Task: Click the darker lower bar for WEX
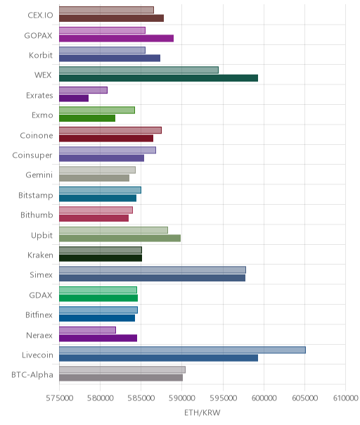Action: click(158, 78)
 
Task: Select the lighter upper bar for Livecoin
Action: click(182, 350)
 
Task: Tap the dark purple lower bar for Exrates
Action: click(74, 98)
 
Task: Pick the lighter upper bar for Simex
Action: click(153, 269)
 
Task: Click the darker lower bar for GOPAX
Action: click(116, 38)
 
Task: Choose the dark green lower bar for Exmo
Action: click(87, 118)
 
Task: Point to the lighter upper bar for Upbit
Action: click(113, 230)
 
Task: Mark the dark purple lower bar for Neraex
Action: click(98, 338)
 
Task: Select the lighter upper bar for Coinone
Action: click(110, 130)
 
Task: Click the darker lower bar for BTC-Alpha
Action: click(121, 378)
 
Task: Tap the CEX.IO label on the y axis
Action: click(40, 15)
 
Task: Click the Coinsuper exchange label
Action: click(32, 156)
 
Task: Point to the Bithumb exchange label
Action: click(37, 215)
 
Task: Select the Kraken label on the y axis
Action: click(40, 255)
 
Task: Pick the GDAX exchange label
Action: click(41, 295)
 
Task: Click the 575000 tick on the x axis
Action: click(59, 398)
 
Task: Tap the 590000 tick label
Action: click(182, 398)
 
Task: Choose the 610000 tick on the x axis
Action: click(346, 398)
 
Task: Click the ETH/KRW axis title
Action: click(202, 412)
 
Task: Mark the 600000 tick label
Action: click(264, 398)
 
